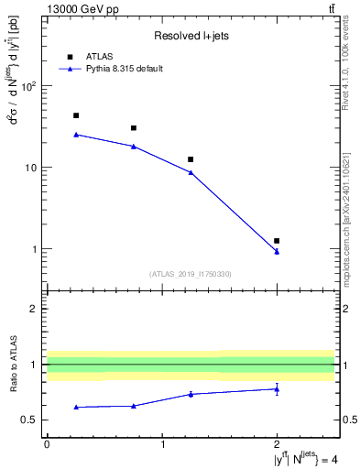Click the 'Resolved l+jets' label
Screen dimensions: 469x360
click(190, 36)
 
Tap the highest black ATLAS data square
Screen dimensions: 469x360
click(76, 115)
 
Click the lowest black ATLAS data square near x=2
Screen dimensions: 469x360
click(277, 241)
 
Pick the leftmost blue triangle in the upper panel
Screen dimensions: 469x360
click(76, 135)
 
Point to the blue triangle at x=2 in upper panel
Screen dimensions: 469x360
click(277, 252)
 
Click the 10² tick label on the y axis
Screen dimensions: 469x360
click(28, 87)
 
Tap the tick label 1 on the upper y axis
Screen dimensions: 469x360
click(35, 249)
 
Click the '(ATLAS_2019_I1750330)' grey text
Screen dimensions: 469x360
click(191, 274)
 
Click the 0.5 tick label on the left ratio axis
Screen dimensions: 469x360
click(30, 420)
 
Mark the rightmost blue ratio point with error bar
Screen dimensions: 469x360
click(277, 389)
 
